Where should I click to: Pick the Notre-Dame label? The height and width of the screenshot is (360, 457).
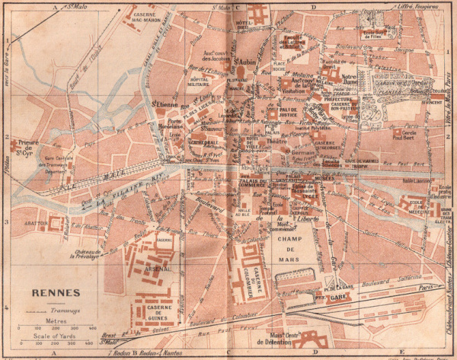coord(350,79)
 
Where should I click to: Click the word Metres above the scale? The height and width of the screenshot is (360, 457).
coord(57,321)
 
